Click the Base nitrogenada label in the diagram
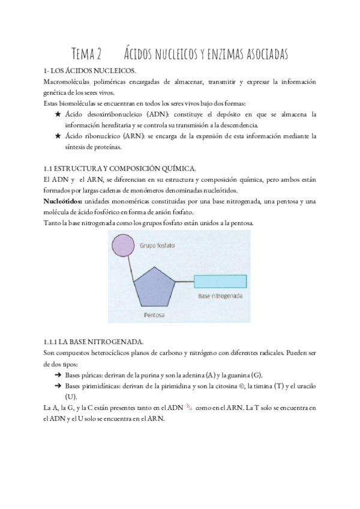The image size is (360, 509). pyautogui.click(x=220, y=297)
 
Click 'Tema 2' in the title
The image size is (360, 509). pyautogui.click(x=86, y=54)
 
